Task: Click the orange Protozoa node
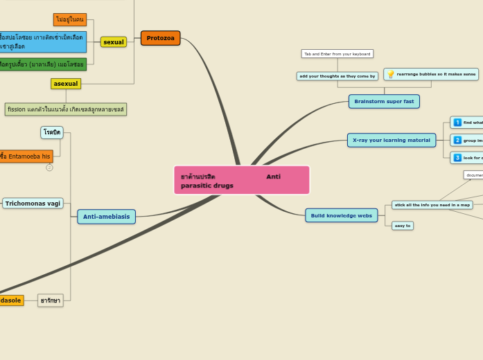pyautogui.click(x=160, y=38)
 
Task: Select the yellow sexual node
pyautogui.click(x=113, y=42)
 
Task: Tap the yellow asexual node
pyautogui.click(x=66, y=84)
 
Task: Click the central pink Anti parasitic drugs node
pyautogui.click(x=241, y=180)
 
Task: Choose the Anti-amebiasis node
pyautogui.click(x=106, y=217)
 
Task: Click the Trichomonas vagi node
pyautogui.click(x=33, y=204)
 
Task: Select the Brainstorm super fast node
pyautogui.click(x=384, y=101)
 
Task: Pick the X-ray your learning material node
pyautogui.click(x=391, y=140)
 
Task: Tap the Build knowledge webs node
pyautogui.click(x=341, y=215)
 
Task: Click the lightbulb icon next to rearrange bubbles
pyautogui.click(x=391, y=74)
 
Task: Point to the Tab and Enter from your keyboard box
pyautogui.click(x=337, y=54)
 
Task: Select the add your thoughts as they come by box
pyautogui.click(x=337, y=76)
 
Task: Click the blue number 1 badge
pyautogui.click(x=457, y=123)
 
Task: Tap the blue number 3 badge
pyautogui.click(x=457, y=158)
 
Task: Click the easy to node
pyautogui.click(x=402, y=226)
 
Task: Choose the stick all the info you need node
pyautogui.click(x=432, y=205)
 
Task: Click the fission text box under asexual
pyautogui.click(x=66, y=109)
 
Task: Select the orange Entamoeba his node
pyautogui.click(x=25, y=156)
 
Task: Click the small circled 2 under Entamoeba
pyautogui.click(x=49, y=168)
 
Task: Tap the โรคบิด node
pyautogui.click(x=52, y=132)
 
